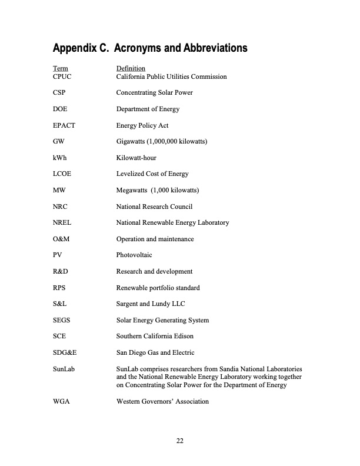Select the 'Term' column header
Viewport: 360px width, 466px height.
(x=60, y=69)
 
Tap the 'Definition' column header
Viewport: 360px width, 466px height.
(x=131, y=69)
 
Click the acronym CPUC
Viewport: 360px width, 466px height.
(x=62, y=76)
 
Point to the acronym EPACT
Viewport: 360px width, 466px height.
(x=64, y=125)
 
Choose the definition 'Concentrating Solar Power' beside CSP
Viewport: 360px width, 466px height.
(x=154, y=93)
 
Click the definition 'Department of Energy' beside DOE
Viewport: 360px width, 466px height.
(x=148, y=109)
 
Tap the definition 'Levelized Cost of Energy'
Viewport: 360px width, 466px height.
(x=152, y=174)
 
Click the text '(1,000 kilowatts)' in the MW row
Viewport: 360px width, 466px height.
(x=174, y=191)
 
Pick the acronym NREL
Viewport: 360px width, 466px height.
(x=62, y=223)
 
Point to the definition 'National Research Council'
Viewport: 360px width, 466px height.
(x=154, y=207)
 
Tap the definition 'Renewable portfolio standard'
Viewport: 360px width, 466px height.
(x=158, y=288)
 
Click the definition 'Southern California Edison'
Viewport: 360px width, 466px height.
(x=155, y=337)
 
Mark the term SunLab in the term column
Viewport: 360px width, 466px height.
(x=64, y=369)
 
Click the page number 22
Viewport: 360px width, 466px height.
(x=180, y=440)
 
